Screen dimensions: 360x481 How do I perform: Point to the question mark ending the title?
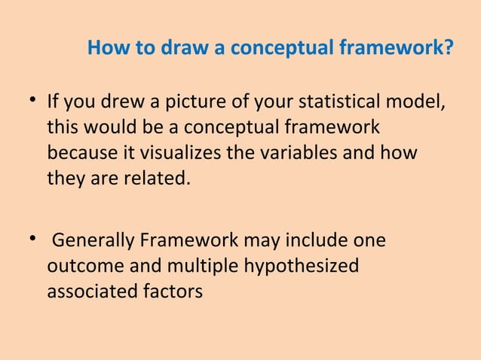[449, 49]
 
